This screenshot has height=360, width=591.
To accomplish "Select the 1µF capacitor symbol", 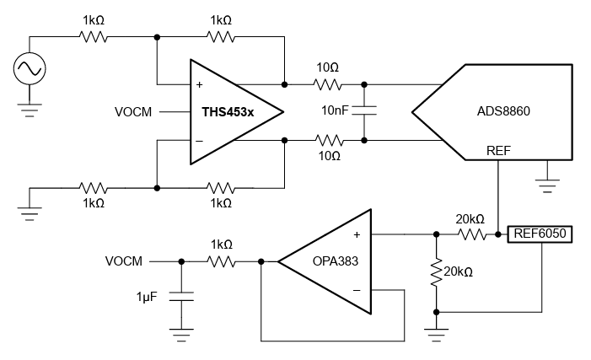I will pos(181,296).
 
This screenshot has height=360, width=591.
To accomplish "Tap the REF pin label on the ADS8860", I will pos(498,150).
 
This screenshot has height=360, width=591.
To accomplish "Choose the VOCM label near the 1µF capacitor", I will pos(124,261).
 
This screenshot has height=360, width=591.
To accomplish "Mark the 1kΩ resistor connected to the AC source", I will pos(93,37).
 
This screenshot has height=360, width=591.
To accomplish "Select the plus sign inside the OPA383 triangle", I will pos(357,235).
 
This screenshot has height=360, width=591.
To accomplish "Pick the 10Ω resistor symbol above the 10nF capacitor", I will pos(326,84).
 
